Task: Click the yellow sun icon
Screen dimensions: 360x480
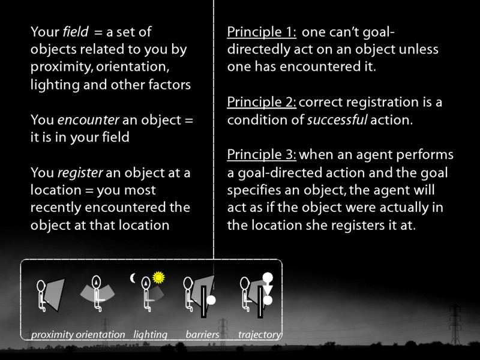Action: pos(158,277)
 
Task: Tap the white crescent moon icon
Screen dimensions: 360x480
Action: pos(134,278)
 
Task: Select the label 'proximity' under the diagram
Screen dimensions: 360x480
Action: pos(52,335)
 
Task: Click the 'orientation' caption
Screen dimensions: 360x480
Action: pos(100,335)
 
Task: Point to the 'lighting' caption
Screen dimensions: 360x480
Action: pos(150,335)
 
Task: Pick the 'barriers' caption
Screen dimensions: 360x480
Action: pos(202,335)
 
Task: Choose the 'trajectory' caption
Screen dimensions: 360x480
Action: pos(259,335)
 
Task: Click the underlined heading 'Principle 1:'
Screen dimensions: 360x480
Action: pos(261,33)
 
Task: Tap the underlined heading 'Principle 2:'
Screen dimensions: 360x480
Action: pos(262,102)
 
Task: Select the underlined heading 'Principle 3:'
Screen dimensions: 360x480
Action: pos(262,155)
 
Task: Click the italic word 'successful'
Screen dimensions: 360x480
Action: pos(336,119)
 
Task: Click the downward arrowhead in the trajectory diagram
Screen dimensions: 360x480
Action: pos(268,290)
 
